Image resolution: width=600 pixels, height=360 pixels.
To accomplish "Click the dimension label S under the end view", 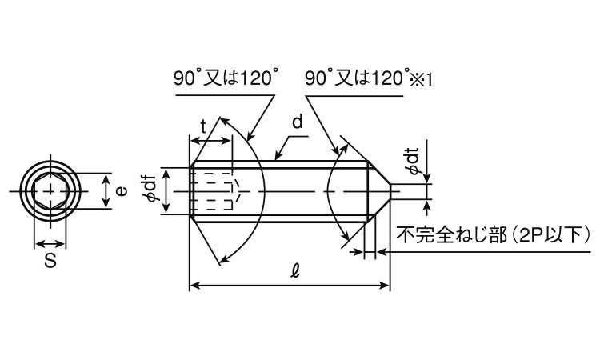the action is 50,261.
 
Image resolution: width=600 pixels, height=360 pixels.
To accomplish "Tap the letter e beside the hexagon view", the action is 121,191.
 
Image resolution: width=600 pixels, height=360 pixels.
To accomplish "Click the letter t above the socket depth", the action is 203,126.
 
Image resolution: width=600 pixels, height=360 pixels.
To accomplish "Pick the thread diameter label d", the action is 298,122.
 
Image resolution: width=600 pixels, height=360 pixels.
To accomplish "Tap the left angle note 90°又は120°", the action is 225,78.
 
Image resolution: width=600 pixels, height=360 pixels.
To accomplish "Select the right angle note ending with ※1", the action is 369,78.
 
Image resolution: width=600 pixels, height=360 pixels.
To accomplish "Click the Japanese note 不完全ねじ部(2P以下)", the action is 494,234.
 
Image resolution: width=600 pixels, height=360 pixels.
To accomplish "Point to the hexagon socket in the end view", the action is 50,191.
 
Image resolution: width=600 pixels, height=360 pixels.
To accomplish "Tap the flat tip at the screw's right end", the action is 390,191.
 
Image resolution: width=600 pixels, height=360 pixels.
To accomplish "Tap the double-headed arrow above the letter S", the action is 50,243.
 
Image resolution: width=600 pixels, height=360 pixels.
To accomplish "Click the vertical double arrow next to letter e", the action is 106,191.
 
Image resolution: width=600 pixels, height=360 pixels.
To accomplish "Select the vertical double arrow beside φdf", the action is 166,191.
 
